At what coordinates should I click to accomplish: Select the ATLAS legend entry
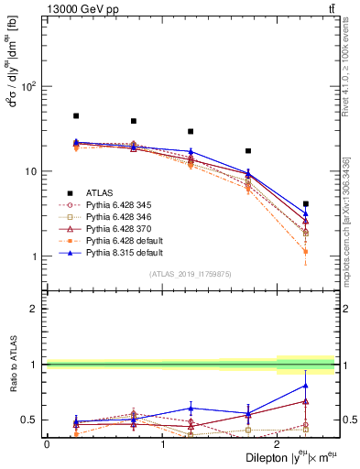pyautogui.click(x=95, y=192)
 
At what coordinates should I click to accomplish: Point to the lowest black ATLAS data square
pyautogui.click(x=305, y=204)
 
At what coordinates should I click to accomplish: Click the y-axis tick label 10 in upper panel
pyautogui.click(x=31, y=171)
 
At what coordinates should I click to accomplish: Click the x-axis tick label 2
pyautogui.click(x=278, y=443)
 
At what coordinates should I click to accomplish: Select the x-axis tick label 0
pyautogui.click(x=47, y=443)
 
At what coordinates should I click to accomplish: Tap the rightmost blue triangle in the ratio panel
pyautogui.click(x=305, y=386)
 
